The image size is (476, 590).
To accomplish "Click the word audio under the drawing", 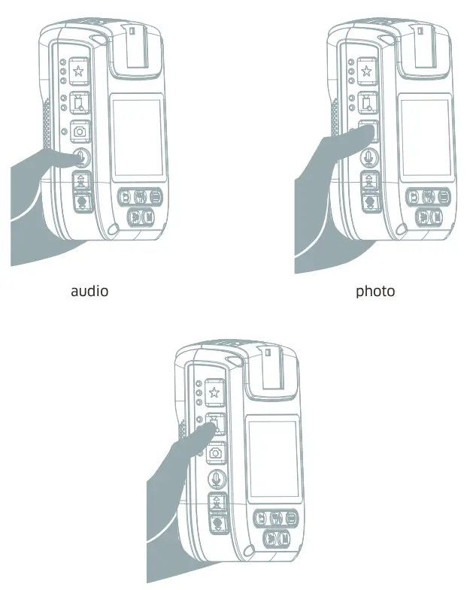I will pyautogui.click(x=89, y=290).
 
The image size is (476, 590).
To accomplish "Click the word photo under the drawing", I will pyautogui.click(x=374, y=290).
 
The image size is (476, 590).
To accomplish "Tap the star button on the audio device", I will pyautogui.click(x=79, y=72).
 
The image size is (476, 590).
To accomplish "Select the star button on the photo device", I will pyautogui.click(x=366, y=72).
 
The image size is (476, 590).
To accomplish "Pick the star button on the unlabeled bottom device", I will pyautogui.click(x=214, y=392).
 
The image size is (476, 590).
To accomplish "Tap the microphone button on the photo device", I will pyautogui.click(x=368, y=157).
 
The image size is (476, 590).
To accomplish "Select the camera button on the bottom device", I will pyautogui.click(x=215, y=452).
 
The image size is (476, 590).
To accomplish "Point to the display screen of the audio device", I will pyautogui.click(x=137, y=135).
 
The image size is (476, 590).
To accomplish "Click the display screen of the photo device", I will pyautogui.click(x=426, y=135).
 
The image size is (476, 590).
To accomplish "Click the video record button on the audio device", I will pyautogui.click(x=79, y=102).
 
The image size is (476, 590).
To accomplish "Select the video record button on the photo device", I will pyautogui.click(x=366, y=102).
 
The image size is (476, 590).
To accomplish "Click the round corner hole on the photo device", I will pyautogui.click(x=400, y=230).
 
